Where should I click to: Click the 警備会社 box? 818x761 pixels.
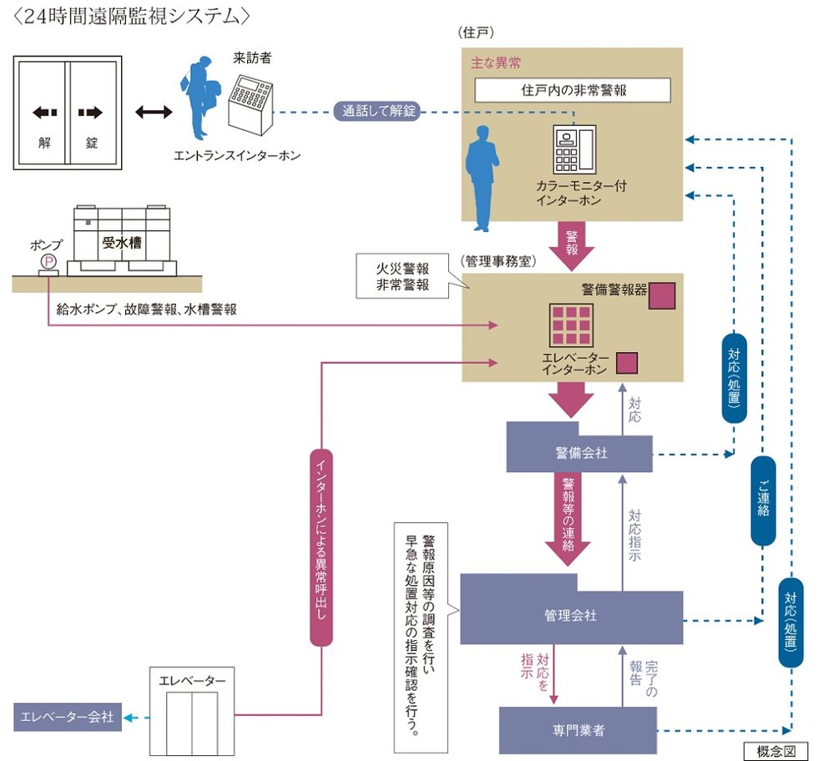[578, 451]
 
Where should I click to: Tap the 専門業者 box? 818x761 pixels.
[578, 729]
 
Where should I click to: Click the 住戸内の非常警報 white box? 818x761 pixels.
[573, 89]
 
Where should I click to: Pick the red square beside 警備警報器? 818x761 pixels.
[662, 295]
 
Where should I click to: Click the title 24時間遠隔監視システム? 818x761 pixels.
[134, 15]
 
